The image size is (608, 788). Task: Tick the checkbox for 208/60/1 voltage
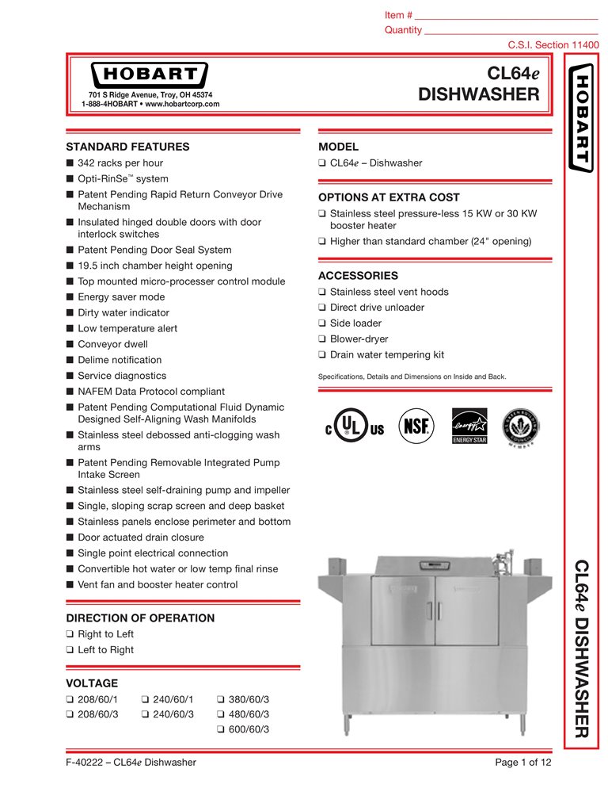[x=70, y=700]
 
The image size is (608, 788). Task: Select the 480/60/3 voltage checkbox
[x=221, y=714]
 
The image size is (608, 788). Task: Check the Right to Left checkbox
[x=70, y=634]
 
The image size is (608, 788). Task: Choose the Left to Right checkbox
[x=70, y=650]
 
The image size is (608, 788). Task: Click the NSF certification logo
[x=416, y=424]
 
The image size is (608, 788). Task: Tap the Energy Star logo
[x=467, y=426]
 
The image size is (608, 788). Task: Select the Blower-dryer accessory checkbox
[x=322, y=339]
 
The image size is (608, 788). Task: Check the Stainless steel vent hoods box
[x=322, y=292]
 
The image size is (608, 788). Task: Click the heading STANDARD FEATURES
[x=127, y=147]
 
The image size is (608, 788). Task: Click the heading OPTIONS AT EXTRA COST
[x=389, y=197]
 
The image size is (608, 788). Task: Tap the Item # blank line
[x=506, y=17]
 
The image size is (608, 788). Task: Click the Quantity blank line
[x=511, y=31]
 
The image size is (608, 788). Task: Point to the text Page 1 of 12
[x=522, y=763]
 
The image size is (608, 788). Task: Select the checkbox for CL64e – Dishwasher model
[x=322, y=163]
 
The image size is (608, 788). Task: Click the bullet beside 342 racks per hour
[x=70, y=163]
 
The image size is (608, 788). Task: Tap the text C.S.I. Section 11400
[x=553, y=46]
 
